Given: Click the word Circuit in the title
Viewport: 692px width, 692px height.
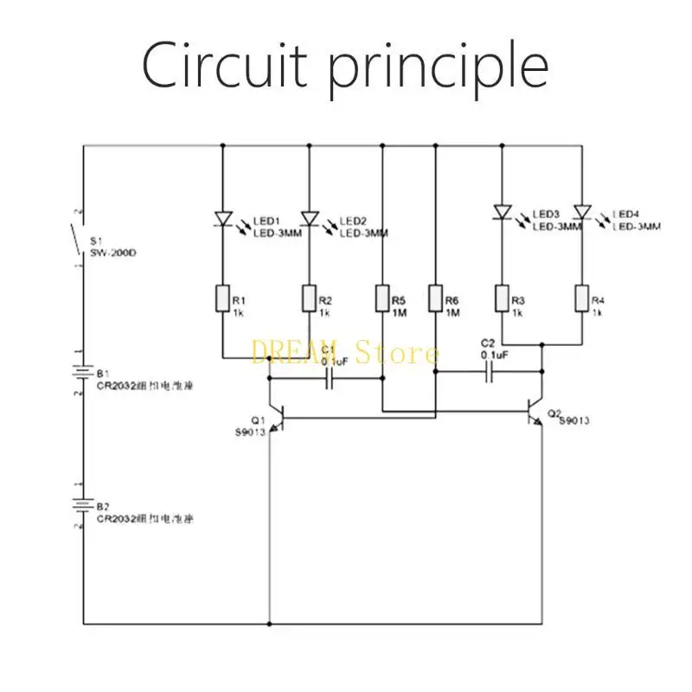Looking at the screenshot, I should tap(216, 65).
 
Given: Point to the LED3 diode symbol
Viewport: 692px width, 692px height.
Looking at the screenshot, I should tap(501, 211).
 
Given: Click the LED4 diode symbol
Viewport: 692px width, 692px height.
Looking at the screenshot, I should tap(581, 211).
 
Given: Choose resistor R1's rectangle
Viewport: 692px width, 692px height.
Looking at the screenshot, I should tap(223, 299).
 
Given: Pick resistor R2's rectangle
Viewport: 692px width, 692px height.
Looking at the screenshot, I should tap(310, 299).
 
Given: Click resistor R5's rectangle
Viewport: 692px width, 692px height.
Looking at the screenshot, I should tap(382, 299).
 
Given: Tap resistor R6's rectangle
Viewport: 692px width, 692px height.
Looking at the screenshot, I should tap(435, 299).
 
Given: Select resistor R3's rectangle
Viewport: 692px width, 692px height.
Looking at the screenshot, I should tap(501, 299).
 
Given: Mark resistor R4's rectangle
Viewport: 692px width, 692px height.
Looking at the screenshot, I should tap(581, 299).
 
